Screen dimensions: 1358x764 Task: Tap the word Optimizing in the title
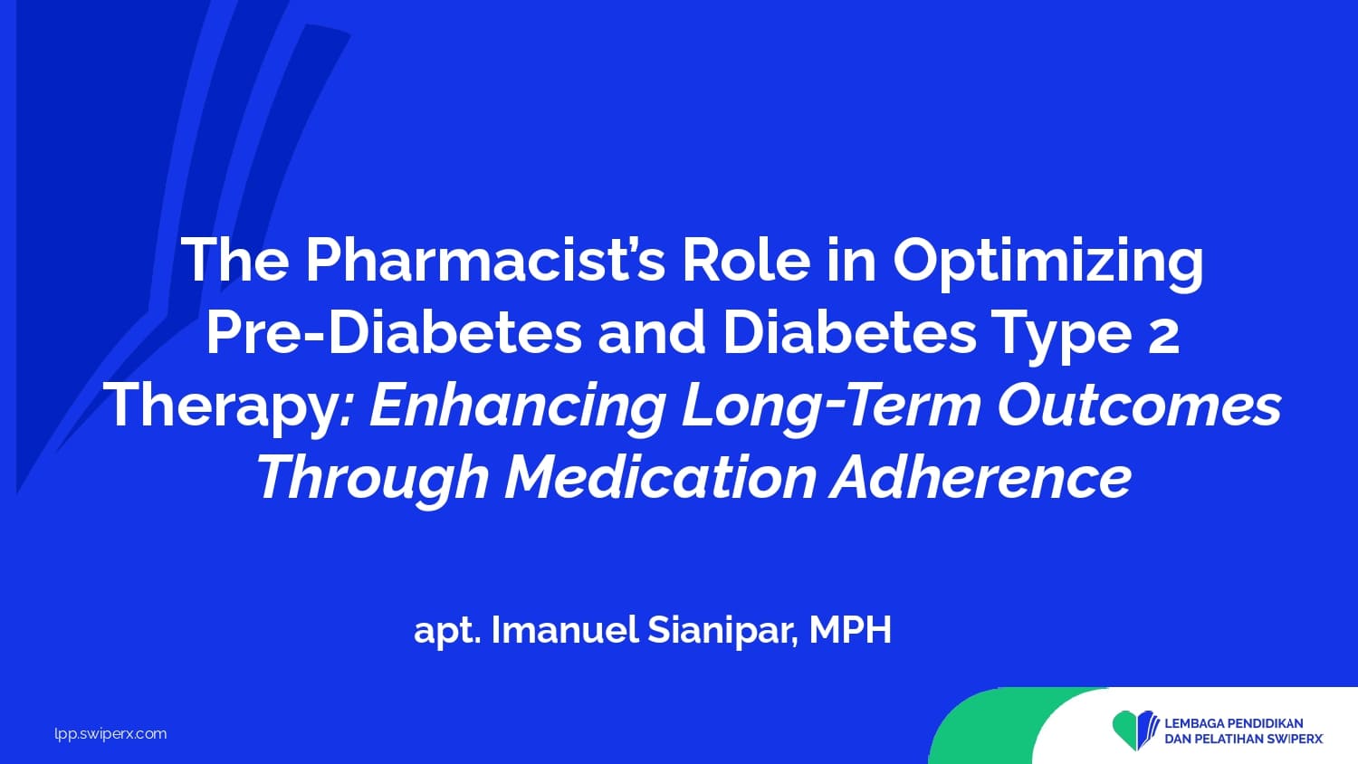click(x=1048, y=265)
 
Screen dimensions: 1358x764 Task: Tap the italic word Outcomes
click(x=1139, y=405)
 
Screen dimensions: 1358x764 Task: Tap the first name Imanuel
click(x=564, y=630)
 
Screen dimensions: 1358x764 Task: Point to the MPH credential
click(x=851, y=630)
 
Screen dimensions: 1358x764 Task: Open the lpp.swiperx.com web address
click(x=111, y=734)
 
